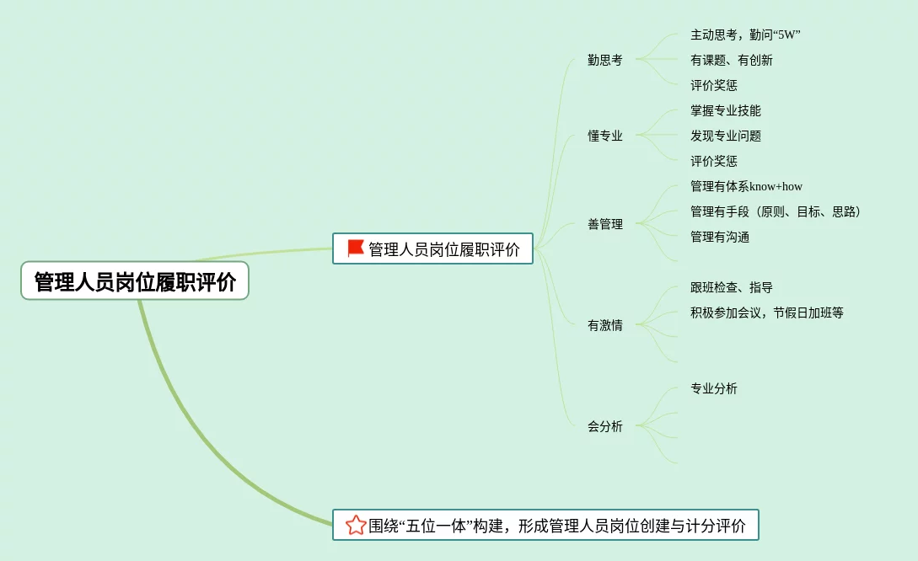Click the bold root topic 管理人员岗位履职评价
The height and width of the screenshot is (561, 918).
click(x=135, y=281)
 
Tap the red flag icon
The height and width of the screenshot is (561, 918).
click(x=356, y=248)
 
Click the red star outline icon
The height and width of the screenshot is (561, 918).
click(x=356, y=525)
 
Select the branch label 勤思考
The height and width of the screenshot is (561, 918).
click(x=605, y=60)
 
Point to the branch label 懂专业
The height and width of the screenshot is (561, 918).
click(x=605, y=136)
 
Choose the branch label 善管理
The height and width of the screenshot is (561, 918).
click(x=605, y=224)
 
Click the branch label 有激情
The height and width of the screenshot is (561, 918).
click(x=605, y=325)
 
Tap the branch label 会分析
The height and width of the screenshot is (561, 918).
click(x=605, y=426)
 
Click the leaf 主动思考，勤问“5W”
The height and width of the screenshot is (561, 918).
click(x=745, y=35)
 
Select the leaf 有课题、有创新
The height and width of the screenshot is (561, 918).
click(x=732, y=60)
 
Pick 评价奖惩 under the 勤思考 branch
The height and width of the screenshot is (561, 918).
click(x=714, y=85)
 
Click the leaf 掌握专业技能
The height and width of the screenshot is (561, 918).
click(x=726, y=110)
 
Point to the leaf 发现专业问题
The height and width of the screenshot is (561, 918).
click(x=726, y=136)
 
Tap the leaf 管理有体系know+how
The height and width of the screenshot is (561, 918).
click(x=746, y=186)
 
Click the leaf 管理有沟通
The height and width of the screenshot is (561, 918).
click(x=720, y=237)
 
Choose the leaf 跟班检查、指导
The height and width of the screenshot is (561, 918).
click(x=732, y=287)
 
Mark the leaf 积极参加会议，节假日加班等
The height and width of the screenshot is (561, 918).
click(x=767, y=313)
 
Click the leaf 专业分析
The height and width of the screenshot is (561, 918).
click(x=714, y=388)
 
